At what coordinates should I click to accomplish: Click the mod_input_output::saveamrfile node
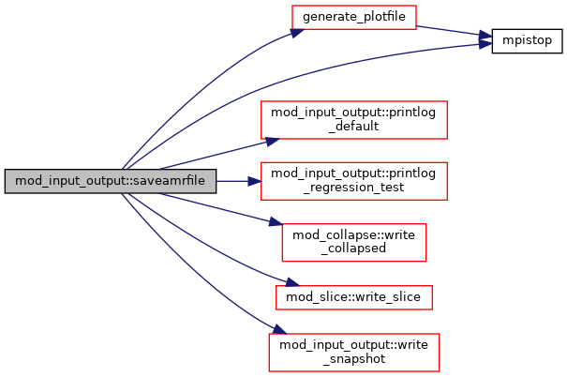(x=111, y=180)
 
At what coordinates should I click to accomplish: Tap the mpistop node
(x=526, y=41)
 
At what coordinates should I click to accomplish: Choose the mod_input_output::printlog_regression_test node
(x=354, y=180)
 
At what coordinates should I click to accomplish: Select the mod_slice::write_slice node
(x=354, y=297)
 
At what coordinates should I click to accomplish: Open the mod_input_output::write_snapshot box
(x=354, y=349)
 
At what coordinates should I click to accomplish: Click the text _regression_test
(x=354, y=188)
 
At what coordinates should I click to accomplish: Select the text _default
(x=354, y=127)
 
